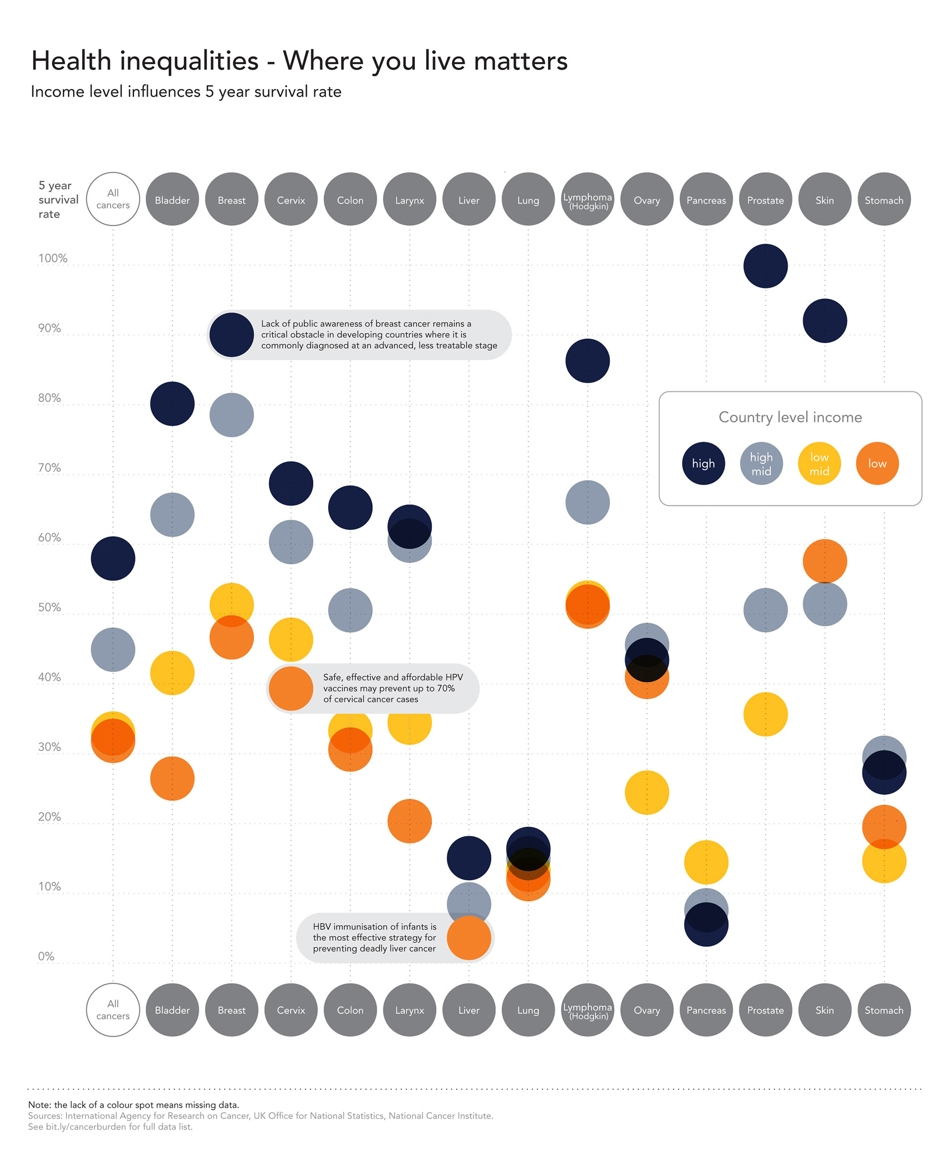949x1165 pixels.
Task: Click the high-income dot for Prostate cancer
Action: pyautogui.click(x=765, y=266)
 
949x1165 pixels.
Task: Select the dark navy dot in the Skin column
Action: pyautogui.click(x=824, y=321)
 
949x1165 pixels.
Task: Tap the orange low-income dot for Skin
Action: pyautogui.click(x=824, y=561)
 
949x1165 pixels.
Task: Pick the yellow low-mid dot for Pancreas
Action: pyautogui.click(x=706, y=862)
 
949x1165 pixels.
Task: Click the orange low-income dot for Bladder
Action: pyautogui.click(x=172, y=779)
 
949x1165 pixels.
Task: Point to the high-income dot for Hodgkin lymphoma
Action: pyautogui.click(x=587, y=361)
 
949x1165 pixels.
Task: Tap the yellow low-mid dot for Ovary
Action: pyautogui.click(x=647, y=792)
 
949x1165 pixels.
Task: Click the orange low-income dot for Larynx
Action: pyautogui.click(x=409, y=821)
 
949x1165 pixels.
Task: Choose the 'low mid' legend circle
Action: pyautogui.click(x=819, y=463)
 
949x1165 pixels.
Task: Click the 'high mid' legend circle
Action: pyautogui.click(x=761, y=463)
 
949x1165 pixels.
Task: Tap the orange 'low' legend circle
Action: pyautogui.click(x=877, y=463)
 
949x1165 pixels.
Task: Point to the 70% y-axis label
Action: pyautogui.click(x=49, y=468)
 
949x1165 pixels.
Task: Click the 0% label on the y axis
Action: pyautogui.click(x=46, y=957)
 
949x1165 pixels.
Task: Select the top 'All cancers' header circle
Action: pyautogui.click(x=113, y=199)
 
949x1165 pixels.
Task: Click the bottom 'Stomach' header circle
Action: pyautogui.click(x=883, y=1010)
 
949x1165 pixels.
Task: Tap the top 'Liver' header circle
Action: pyautogui.click(x=469, y=199)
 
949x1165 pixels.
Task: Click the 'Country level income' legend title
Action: pyautogui.click(x=790, y=417)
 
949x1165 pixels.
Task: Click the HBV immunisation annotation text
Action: pyautogui.click(x=375, y=938)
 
